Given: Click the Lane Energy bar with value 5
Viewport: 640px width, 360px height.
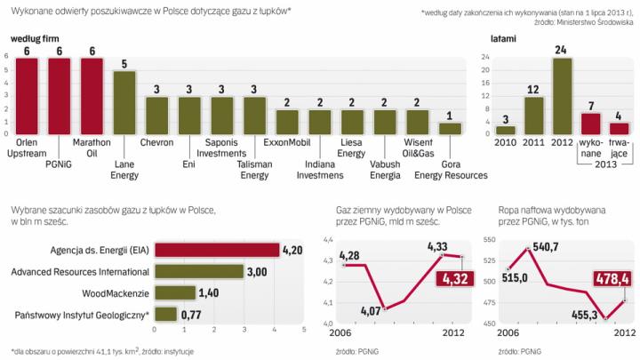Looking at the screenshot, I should [125, 102].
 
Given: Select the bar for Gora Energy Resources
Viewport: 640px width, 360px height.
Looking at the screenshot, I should [451, 129].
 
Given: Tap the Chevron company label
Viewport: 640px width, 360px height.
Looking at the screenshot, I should [157, 141].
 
